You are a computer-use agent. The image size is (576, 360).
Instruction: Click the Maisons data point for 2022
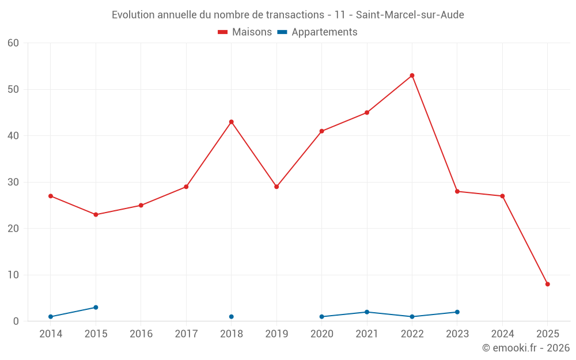pyautogui.click(x=412, y=75)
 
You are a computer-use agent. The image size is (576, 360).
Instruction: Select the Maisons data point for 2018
pyautogui.click(x=232, y=122)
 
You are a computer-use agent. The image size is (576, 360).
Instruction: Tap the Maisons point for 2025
pyautogui.click(x=547, y=284)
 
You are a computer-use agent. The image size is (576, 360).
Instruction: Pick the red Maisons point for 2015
pyautogui.click(x=96, y=215)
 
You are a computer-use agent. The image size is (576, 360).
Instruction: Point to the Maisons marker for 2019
pyautogui.click(x=276, y=187)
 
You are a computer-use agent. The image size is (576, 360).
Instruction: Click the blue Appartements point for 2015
pyautogui.click(x=96, y=308)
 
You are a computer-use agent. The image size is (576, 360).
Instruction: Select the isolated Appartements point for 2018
pyautogui.click(x=232, y=317)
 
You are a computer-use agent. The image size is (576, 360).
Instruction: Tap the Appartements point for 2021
pyautogui.click(x=367, y=312)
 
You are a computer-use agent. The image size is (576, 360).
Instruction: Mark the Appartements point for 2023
pyautogui.click(x=457, y=312)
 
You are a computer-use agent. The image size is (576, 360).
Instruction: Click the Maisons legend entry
pyautogui.click(x=245, y=32)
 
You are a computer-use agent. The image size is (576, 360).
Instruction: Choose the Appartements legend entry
pyautogui.click(x=317, y=32)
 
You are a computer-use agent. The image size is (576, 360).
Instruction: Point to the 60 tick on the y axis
pyautogui.click(x=13, y=43)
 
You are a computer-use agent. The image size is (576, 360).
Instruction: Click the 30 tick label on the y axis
pyautogui.click(x=13, y=182)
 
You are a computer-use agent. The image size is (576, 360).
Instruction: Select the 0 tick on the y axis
pyautogui.click(x=16, y=321)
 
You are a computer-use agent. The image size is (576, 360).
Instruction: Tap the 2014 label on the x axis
pyautogui.click(x=51, y=334)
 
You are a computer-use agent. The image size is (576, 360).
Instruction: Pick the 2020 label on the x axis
pyautogui.click(x=321, y=334)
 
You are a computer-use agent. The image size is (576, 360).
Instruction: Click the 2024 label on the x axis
pyautogui.click(x=502, y=334)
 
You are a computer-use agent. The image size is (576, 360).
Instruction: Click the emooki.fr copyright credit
pyautogui.click(x=525, y=348)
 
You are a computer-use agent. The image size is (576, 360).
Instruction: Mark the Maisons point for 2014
pyautogui.click(x=51, y=196)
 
